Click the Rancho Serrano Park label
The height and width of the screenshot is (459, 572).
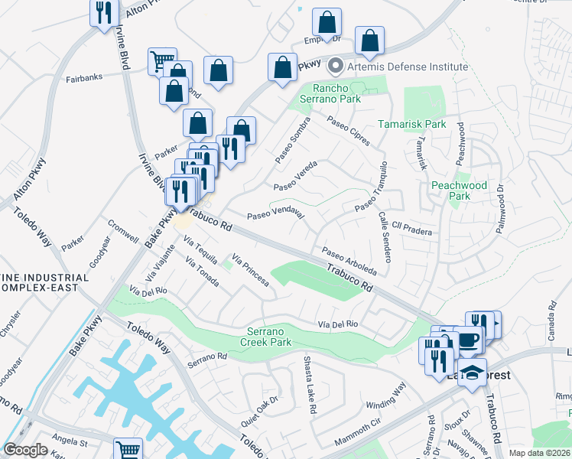336,93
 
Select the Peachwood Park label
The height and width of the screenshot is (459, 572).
459,190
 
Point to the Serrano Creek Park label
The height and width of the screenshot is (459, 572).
270,337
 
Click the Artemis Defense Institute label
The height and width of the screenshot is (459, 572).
407,67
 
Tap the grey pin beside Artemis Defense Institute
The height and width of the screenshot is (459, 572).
334,67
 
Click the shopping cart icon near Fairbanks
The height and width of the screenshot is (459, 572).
162,60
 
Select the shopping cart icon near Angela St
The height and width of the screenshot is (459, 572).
128,450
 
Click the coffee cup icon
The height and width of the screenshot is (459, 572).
467,339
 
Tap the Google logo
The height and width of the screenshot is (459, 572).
26,450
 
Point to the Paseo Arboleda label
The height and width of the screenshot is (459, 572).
349,261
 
